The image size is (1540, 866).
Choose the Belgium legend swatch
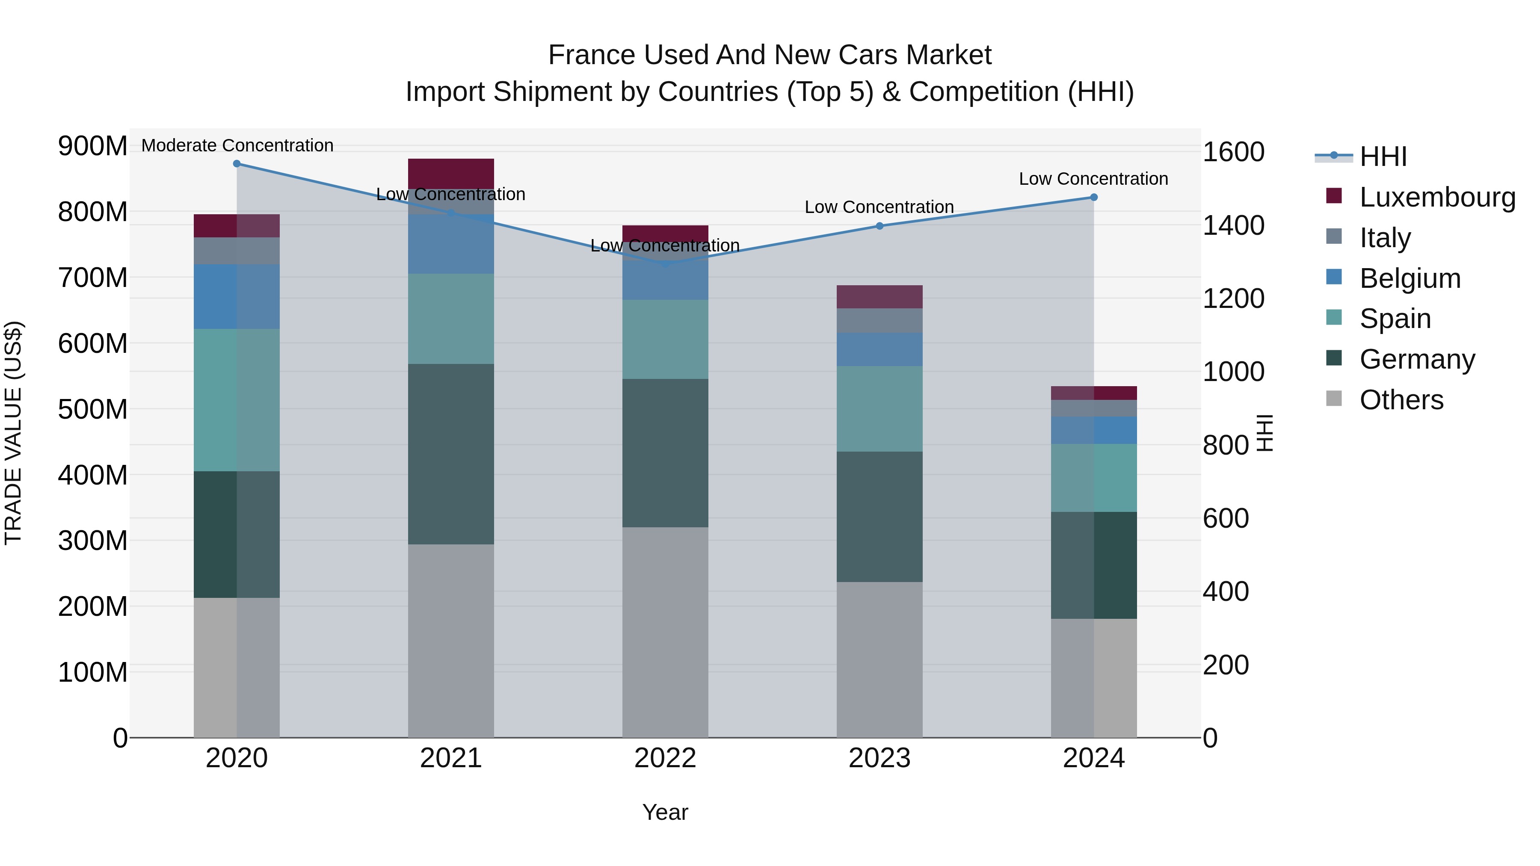tap(1334, 277)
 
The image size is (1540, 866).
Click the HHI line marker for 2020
tap(237, 164)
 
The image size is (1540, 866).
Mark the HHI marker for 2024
tap(1093, 197)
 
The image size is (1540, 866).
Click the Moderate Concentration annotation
tap(237, 145)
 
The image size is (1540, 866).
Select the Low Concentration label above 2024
tap(1093, 179)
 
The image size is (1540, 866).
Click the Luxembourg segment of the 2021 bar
tap(451, 173)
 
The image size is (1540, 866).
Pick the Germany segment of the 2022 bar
tap(665, 453)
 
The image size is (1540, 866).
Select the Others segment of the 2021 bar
tap(451, 641)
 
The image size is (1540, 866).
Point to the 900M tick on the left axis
tap(93, 146)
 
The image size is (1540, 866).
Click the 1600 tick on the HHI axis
tap(1233, 152)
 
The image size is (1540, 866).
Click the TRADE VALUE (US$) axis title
tap(14, 433)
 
